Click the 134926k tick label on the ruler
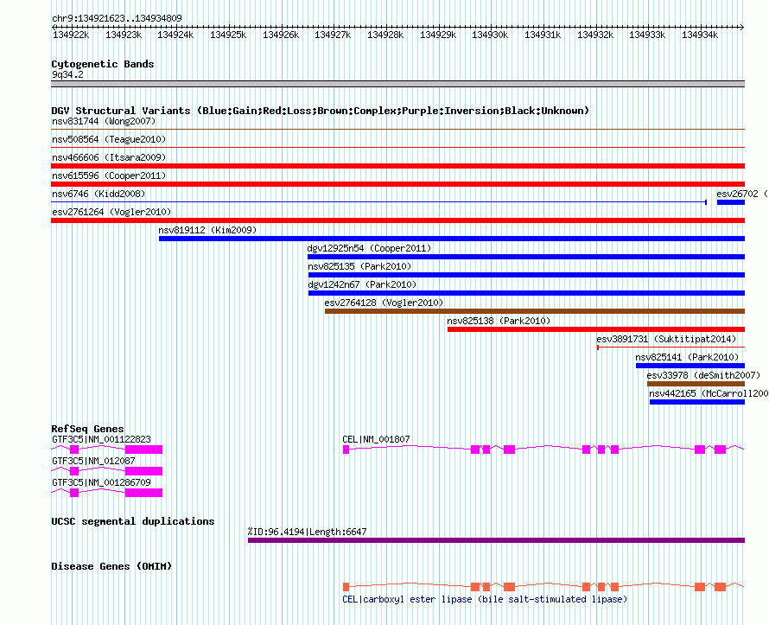[281, 35]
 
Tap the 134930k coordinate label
[490, 35]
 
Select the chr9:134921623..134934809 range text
[117, 18]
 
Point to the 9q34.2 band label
[67, 74]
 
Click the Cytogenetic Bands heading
[103, 64]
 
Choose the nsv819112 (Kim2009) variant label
[207, 230]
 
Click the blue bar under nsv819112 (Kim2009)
[452, 239]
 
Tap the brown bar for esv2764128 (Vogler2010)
[535, 311]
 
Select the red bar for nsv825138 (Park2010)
[596, 329]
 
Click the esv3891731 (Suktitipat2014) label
[666, 339]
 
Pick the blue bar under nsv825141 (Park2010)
[690, 366]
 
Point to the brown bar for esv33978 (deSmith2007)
[696, 384]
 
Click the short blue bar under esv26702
[731, 202]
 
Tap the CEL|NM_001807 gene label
[376, 439]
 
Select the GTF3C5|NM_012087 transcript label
[93, 461]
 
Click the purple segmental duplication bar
[496, 540]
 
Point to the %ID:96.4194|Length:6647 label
[307, 532]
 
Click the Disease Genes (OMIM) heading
[111, 566]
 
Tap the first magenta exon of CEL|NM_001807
[346, 450]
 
